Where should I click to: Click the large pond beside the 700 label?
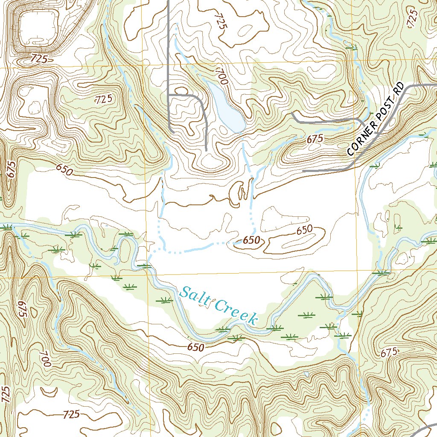click(x=226, y=109)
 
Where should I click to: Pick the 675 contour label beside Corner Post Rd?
click(x=315, y=139)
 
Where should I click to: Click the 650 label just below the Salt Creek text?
click(x=195, y=347)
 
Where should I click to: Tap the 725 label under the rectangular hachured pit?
click(x=39, y=58)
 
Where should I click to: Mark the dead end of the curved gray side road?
click(x=206, y=150)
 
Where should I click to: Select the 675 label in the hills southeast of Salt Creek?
click(x=389, y=353)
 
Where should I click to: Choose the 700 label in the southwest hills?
click(x=45, y=358)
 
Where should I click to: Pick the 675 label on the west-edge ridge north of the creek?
click(x=12, y=170)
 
